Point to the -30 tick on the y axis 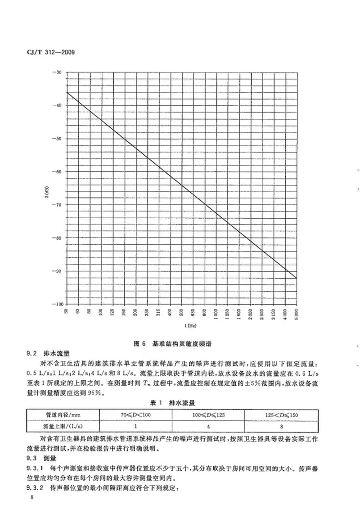click(x=58, y=72)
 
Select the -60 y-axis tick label click(x=58, y=171)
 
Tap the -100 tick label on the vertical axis click(x=57, y=304)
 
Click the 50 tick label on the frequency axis click(x=66, y=311)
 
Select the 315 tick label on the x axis click(x=158, y=313)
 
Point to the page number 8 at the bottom click(x=31, y=498)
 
